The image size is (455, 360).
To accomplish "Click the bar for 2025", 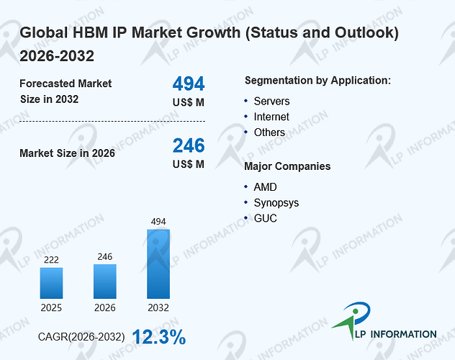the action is (x=51, y=283).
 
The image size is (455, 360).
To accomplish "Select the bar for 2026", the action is (x=105, y=281).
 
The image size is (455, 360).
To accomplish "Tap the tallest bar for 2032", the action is (x=158, y=264).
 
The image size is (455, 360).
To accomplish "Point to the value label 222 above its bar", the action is (x=51, y=260).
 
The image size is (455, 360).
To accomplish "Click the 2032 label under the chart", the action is (x=158, y=307).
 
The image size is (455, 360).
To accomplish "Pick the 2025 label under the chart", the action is (x=51, y=307).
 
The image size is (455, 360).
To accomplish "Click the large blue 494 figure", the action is (x=189, y=84).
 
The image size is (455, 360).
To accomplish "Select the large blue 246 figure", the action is (x=189, y=145).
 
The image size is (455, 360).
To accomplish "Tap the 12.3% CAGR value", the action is (x=159, y=337).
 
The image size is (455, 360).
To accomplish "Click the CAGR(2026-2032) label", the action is (x=81, y=337).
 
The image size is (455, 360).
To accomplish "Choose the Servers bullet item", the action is (x=271, y=102).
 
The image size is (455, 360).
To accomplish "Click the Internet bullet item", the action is (x=271, y=117).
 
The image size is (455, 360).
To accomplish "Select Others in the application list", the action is (x=269, y=132).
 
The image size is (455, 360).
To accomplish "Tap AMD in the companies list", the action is (x=265, y=187).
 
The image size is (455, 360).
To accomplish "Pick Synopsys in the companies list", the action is (x=276, y=203).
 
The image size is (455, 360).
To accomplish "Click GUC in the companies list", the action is (x=265, y=218).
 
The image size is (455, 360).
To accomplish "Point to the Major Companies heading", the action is (x=287, y=166).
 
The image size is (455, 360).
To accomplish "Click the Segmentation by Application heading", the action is (x=317, y=81).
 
